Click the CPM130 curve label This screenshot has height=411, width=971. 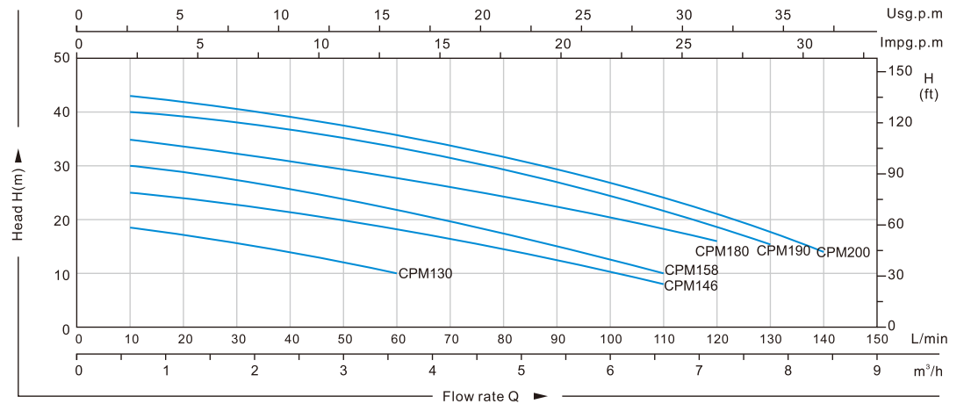425,274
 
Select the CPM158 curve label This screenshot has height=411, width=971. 691,270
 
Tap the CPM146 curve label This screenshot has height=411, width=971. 691,285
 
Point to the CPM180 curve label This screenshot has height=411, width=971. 722,251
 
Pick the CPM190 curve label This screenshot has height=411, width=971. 783,250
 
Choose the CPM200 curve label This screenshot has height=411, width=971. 843,253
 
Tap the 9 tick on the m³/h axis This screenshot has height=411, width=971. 877,371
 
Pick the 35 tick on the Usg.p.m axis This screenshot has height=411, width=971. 784,15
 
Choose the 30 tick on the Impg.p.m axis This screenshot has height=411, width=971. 804,43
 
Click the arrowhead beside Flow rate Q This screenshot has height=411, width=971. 541,396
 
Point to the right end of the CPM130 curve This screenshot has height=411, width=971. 396,273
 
